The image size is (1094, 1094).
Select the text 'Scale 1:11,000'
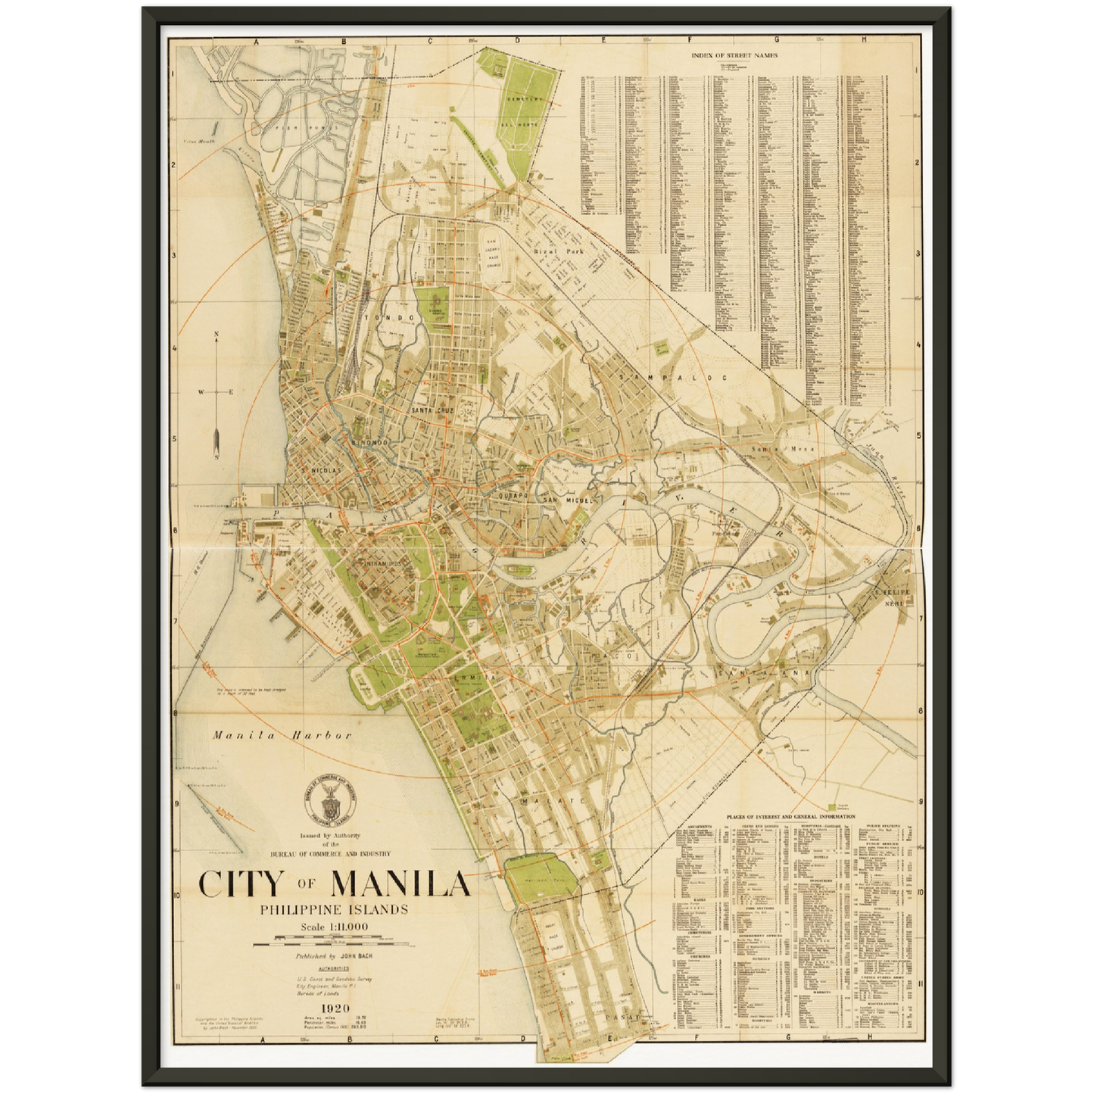334,927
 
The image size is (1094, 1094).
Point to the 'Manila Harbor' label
282,735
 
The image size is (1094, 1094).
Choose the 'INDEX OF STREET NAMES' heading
734,55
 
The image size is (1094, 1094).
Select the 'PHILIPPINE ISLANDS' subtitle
334,909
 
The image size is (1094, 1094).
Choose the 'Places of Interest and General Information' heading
790,817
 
